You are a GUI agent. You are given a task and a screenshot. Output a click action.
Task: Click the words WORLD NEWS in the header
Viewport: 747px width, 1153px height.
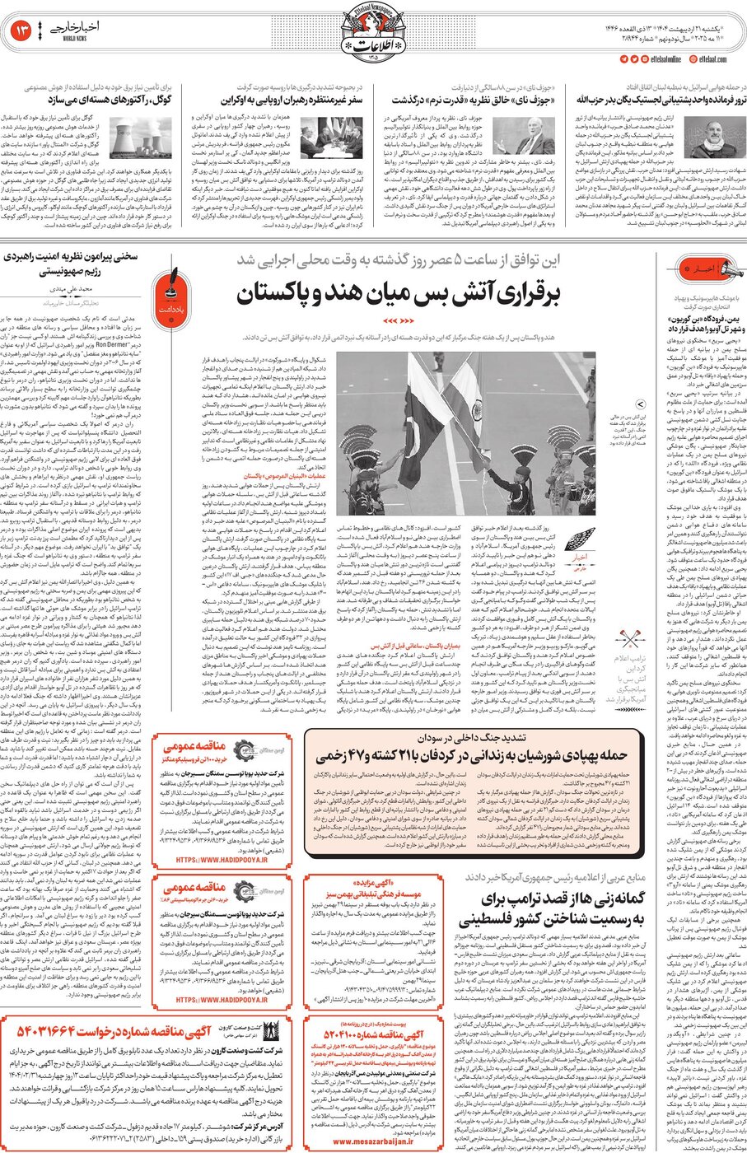[x=74, y=39]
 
